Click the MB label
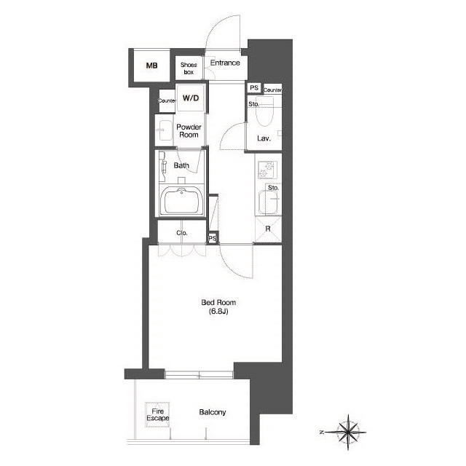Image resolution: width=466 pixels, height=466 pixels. (x=151, y=66)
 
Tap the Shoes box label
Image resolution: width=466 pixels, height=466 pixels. (x=189, y=68)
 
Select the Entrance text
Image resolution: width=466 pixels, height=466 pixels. (x=225, y=63)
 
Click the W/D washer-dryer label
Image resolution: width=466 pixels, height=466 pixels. (x=191, y=98)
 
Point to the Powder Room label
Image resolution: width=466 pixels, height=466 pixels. (x=189, y=131)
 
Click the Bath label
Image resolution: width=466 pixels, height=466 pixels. (x=181, y=165)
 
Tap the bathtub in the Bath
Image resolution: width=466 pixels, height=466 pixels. (x=181, y=201)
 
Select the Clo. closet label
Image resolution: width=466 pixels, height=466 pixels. (x=182, y=233)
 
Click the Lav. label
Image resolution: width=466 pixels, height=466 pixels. (x=264, y=138)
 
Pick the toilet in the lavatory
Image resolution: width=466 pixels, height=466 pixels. (x=264, y=111)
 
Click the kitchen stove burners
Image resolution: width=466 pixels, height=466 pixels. (x=267, y=170)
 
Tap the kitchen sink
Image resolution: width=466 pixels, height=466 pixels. (x=269, y=202)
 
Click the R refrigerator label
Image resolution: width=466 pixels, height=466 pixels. (x=268, y=229)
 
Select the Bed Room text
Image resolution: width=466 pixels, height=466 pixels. (x=218, y=303)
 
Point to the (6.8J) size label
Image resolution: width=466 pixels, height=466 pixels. (x=218, y=312)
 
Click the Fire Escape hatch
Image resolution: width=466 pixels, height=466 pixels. (x=157, y=415)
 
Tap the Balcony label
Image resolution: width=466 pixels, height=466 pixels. (x=213, y=412)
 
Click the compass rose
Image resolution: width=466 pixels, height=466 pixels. (x=348, y=432)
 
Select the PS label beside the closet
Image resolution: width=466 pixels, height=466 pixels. (x=213, y=238)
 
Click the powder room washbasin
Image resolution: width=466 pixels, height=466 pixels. (x=164, y=130)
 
